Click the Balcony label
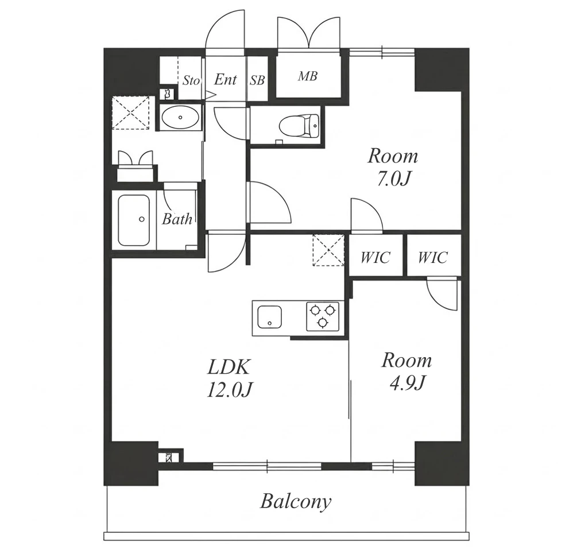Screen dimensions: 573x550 click(x=296, y=502)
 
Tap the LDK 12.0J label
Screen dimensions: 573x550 click(x=229, y=378)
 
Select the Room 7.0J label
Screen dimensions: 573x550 click(x=393, y=167)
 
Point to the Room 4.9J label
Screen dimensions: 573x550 click(x=406, y=371)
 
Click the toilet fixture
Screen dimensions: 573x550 click(x=299, y=126)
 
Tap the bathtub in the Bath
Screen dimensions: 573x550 click(x=134, y=220)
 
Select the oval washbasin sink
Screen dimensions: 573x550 click(x=180, y=117)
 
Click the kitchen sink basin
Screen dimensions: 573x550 click(x=270, y=317)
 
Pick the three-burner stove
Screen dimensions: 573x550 click(x=323, y=316)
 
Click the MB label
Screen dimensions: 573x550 click(x=308, y=76)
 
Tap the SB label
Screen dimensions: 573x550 click(x=257, y=80)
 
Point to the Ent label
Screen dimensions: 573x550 click(x=226, y=79)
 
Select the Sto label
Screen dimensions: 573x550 click(x=191, y=80)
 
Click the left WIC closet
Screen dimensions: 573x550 click(x=375, y=255)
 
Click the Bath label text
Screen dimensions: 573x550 click(x=177, y=219)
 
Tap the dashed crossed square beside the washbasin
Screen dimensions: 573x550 click(x=130, y=113)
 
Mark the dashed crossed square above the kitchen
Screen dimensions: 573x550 click(x=328, y=250)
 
